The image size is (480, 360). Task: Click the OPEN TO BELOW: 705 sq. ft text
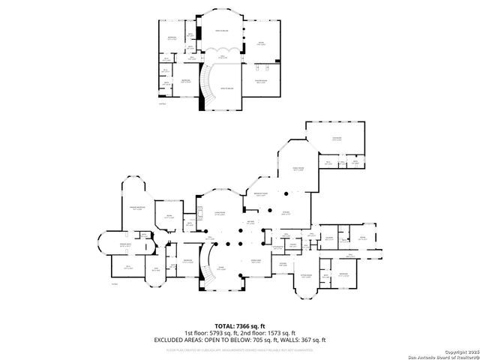pyautogui.click(x=238, y=339)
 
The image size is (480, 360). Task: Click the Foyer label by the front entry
pyautogui.click(x=220, y=267)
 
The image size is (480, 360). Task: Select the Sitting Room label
pyautogui.click(x=305, y=275)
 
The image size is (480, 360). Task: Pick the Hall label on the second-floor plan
pyautogui.click(x=222, y=56)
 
